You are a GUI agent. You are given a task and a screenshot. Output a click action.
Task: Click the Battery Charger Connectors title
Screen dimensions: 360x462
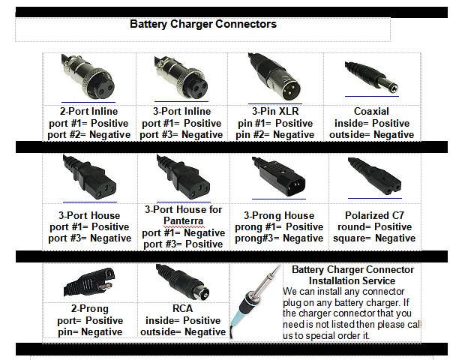pyautogui.click(x=203, y=24)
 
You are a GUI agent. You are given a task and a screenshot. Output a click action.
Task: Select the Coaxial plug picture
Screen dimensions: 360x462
pyautogui.click(x=373, y=75)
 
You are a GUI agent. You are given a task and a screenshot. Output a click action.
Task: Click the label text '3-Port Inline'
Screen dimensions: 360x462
pyautogui.click(x=182, y=111)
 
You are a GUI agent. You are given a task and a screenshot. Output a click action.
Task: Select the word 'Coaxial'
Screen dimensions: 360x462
pyautogui.click(x=371, y=112)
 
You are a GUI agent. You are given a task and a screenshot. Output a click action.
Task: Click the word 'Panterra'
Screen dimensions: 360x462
pyautogui.click(x=183, y=221)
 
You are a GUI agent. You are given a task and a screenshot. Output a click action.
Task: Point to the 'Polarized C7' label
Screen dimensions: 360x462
pyautogui.click(x=372, y=214)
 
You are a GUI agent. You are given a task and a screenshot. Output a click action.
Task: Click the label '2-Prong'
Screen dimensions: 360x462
pyautogui.click(x=88, y=308)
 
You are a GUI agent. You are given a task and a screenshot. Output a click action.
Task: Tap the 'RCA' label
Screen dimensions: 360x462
pyautogui.click(x=183, y=308)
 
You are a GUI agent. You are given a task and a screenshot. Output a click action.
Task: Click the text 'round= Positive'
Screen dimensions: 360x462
pyautogui.click(x=372, y=226)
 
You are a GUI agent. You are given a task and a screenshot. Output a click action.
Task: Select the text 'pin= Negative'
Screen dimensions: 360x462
pyautogui.click(x=88, y=331)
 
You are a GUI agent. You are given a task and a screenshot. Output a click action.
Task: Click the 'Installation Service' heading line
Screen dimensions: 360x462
pyautogui.click(x=352, y=280)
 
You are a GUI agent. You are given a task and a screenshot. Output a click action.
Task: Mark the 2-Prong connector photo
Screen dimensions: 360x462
pyautogui.click(x=88, y=283)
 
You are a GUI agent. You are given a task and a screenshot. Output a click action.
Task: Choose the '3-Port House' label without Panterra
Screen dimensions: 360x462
pyautogui.click(x=88, y=215)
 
